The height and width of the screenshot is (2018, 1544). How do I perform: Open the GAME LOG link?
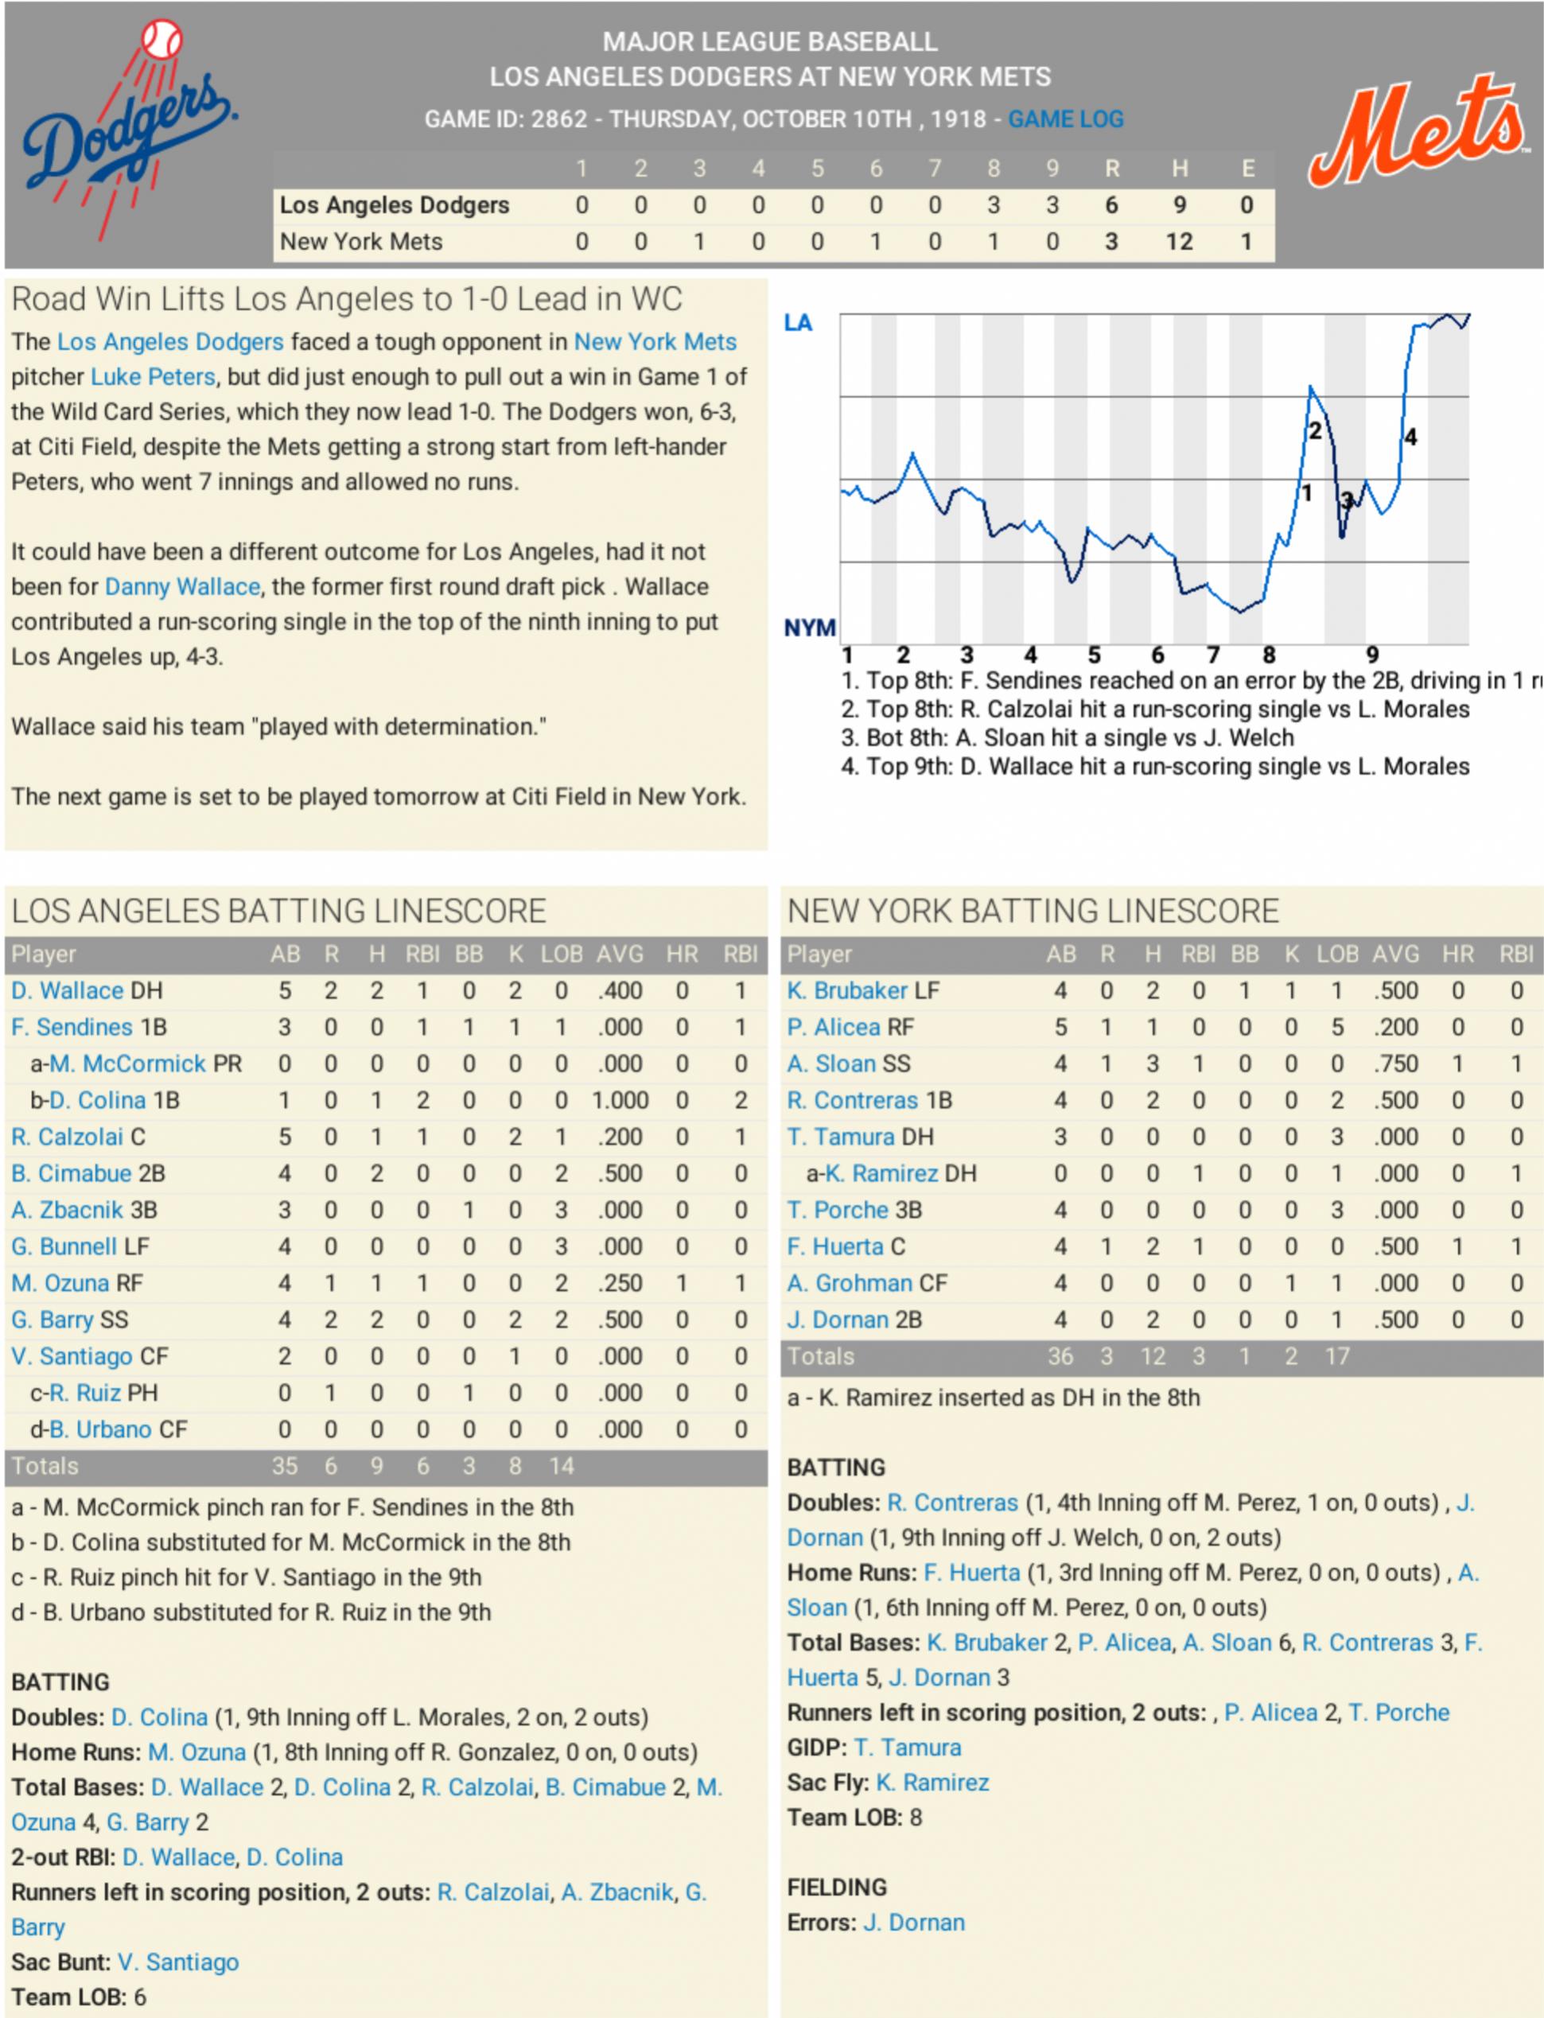point(1065,119)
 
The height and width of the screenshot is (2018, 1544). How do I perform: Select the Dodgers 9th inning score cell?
point(1052,205)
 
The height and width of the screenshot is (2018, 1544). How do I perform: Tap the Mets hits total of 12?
point(1179,242)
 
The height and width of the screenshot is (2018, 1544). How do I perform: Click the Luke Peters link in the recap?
point(153,377)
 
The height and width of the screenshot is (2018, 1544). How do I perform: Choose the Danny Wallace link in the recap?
point(182,586)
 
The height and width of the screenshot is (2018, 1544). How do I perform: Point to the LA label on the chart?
point(798,323)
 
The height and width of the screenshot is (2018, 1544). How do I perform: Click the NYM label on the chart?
point(810,628)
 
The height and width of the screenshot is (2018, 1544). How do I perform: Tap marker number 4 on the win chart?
point(1410,437)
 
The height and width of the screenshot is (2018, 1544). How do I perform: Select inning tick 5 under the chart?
point(1094,655)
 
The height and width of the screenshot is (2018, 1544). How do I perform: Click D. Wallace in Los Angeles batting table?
point(67,990)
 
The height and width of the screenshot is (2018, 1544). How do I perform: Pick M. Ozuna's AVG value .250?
point(620,1283)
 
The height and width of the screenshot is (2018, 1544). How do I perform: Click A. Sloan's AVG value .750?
point(1395,1063)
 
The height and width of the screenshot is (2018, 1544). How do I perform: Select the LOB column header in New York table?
point(1337,954)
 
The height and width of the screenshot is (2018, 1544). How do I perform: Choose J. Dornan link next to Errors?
point(915,1923)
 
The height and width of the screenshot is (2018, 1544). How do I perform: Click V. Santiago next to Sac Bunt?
point(178,1962)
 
